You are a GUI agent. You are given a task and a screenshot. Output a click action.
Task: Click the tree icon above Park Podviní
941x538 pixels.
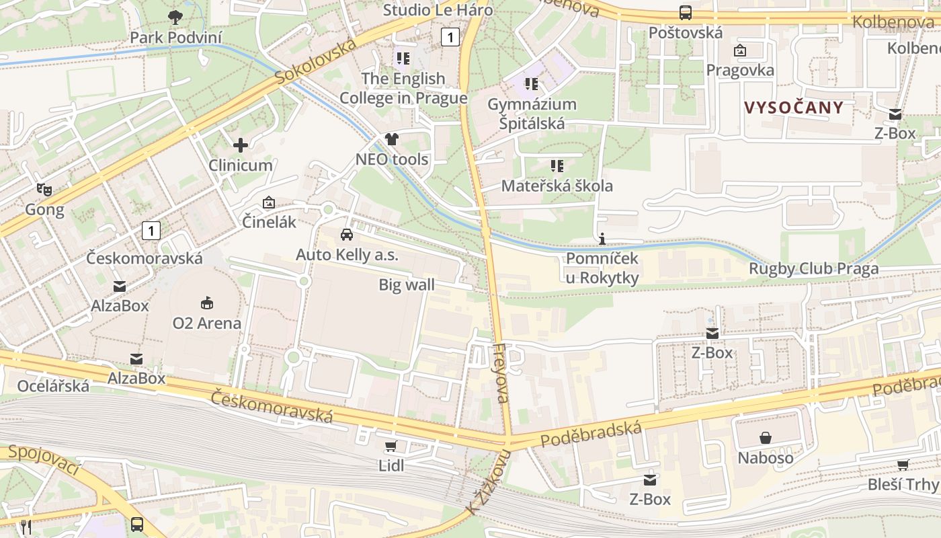[175, 17]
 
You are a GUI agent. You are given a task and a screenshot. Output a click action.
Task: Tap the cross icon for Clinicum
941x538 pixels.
[240, 145]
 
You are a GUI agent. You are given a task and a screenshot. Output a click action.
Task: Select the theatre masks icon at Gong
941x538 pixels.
[44, 189]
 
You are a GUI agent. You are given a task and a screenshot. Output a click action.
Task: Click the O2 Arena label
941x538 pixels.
[206, 323]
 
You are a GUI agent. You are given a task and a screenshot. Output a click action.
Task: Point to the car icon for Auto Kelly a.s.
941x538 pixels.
[347, 235]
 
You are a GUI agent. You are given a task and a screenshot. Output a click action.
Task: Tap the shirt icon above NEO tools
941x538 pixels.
[392, 139]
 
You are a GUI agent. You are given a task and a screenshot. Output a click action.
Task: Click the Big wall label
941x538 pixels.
[407, 284]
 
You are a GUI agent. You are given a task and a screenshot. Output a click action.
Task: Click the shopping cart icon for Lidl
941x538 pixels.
[391, 446]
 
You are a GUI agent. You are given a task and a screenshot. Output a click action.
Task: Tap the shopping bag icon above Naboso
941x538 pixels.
[765, 438]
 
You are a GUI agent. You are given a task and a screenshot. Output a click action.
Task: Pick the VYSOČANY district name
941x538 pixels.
[793, 108]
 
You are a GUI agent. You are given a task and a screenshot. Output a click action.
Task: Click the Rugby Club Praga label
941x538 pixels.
[813, 269]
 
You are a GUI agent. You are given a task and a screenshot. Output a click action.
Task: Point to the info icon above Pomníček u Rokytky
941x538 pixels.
[602, 239]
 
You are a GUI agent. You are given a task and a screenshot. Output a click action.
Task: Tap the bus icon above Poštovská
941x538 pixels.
[686, 13]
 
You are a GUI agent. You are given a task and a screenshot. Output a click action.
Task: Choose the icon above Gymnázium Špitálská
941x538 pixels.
[532, 84]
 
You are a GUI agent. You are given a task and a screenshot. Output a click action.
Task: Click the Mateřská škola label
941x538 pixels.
[557, 186]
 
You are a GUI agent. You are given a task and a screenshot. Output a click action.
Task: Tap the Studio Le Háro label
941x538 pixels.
[438, 10]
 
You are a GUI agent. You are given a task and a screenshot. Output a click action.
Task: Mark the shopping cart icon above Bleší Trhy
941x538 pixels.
[903, 465]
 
